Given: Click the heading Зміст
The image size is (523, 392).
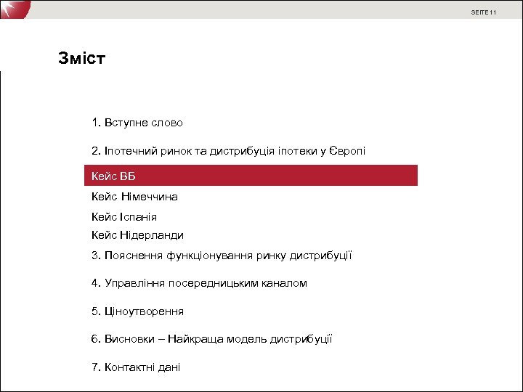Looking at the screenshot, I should pyautogui.click(x=82, y=58).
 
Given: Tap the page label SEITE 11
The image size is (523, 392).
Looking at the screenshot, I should pyautogui.click(x=483, y=12).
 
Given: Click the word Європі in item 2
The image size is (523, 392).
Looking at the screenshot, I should pyautogui.click(x=347, y=151).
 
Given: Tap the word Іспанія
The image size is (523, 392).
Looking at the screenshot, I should pyautogui.click(x=138, y=216).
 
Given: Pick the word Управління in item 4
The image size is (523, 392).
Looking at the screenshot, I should pyautogui.click(x=133, y=282).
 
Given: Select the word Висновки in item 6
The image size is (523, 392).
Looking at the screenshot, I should pyautogui.click(x=129, y=339).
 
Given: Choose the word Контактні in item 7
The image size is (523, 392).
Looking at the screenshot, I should pyautogui.click(x=131, y=367).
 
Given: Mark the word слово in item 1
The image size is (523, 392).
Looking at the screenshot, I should pyautogui.click(x=168, y=123).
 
